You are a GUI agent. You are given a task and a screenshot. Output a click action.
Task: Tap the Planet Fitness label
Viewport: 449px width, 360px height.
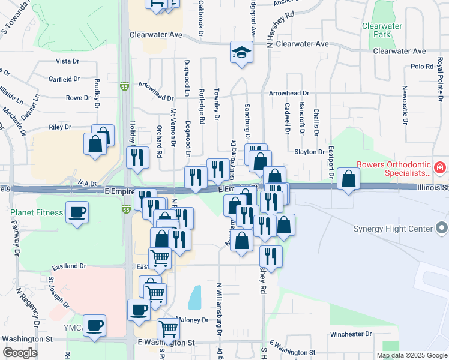click(x=37, y=212)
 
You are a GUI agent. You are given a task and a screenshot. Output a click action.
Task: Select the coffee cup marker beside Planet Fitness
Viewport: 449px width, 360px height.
click(x=77, y=213)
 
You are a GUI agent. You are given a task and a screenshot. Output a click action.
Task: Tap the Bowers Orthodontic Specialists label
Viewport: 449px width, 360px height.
click(x=394, y=168)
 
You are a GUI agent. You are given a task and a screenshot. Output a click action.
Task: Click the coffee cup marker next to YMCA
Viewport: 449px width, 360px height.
click(x=94, y=326)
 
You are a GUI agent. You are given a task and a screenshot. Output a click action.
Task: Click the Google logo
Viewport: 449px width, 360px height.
click(x=20, y=353)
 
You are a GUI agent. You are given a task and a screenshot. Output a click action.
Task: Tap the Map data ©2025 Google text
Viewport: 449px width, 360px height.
click(x=411, y=355)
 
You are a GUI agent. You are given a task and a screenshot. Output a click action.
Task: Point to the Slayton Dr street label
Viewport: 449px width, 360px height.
click(x=310, y=152)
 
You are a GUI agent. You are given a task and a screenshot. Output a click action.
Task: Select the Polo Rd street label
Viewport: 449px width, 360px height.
click(x=422, y=67)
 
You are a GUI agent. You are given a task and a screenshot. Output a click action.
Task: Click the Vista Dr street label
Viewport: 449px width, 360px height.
click(x=67, y=61)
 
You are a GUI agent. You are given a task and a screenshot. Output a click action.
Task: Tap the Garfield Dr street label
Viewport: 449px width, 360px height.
click(x=64, y=79)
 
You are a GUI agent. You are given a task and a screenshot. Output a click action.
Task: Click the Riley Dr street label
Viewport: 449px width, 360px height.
click(x=60, y=127)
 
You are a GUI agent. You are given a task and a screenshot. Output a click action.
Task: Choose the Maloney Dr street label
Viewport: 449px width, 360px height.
click(x=192, y=320)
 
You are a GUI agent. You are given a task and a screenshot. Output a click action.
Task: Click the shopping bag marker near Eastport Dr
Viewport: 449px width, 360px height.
click(x=348, y=178)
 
